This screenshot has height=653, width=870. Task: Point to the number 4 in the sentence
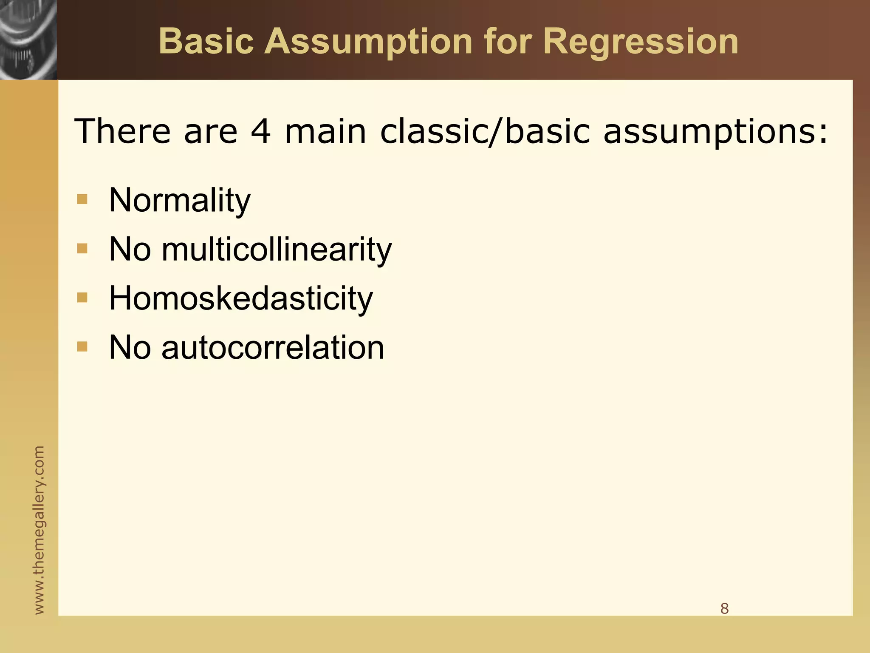point(260,131)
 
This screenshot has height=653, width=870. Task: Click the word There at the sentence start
point(122,131)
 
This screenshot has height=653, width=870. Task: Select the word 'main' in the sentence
point(325,131)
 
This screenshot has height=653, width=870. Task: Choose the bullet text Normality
point(180,200)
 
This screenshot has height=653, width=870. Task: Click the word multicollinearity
point(276,250)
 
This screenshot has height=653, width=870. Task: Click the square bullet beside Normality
point(82,199)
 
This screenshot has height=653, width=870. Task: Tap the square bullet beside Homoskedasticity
point(82,298)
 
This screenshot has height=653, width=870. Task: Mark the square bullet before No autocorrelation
point(82,347)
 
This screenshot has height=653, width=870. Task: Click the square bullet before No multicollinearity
point(82,248)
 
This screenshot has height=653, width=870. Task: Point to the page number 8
point(724,608)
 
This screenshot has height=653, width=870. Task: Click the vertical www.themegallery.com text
point(39,530)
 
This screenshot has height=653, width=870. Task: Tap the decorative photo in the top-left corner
point(28,40)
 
